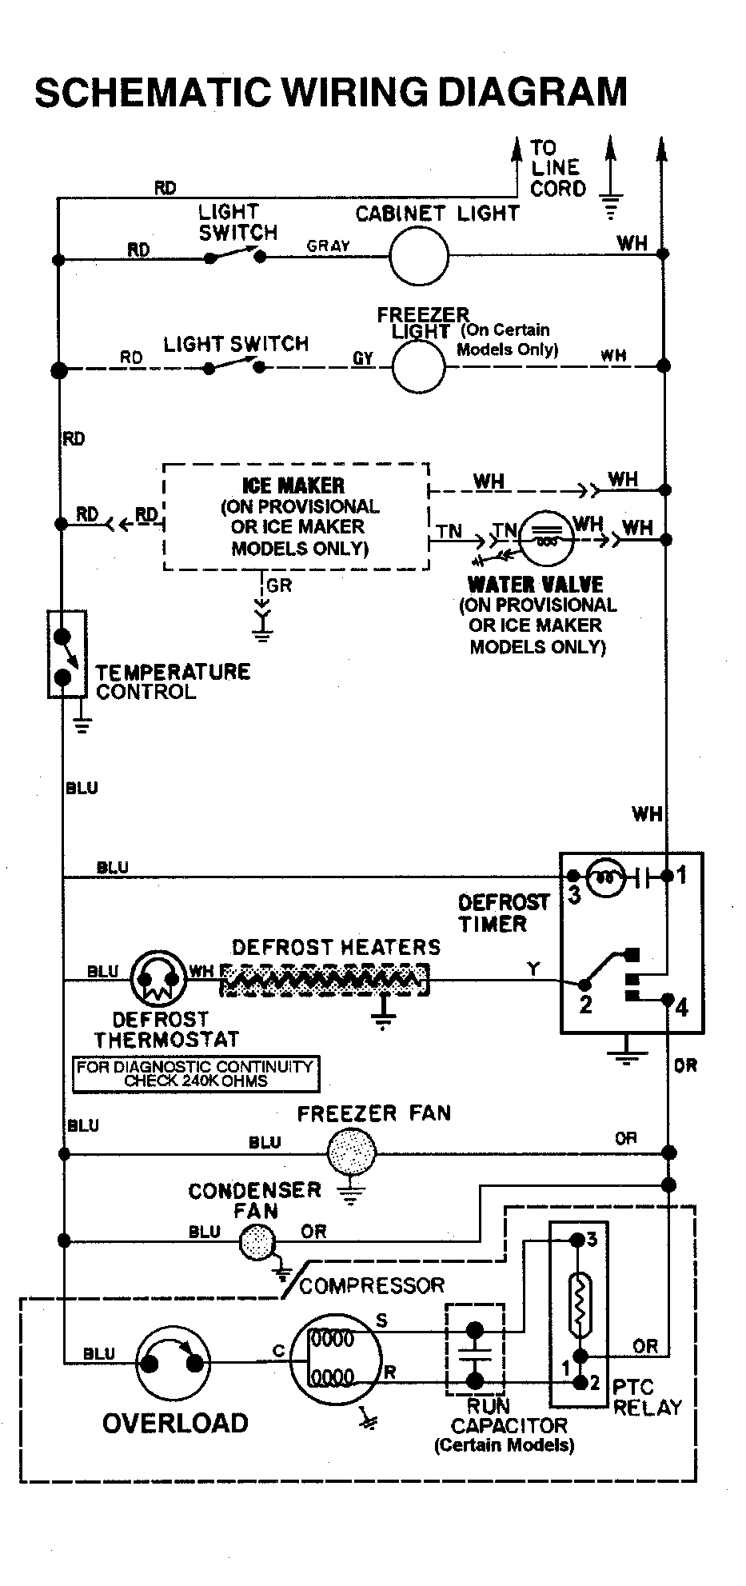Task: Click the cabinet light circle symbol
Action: (x=418, y=257)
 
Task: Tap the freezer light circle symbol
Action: (x=418, y=366)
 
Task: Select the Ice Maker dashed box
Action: (x=295, y=516)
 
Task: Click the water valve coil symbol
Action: (x=547, y=538)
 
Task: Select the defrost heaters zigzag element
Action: (x=324, y=978)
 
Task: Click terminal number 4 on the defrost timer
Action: (x=681, y=1007)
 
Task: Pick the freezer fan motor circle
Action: (x=351, y=1153)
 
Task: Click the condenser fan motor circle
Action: (x=257, y=1240)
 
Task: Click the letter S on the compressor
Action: (x=381, y=1320)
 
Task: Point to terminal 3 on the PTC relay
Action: (x=592, y=1240)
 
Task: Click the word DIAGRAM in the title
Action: (x=533, y=92)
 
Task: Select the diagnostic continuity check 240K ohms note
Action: (x=195, y=1074)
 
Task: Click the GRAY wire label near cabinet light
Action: (x=328, y=246)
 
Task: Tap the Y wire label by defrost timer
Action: (x=533, y=969)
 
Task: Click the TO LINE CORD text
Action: (x=557, y=168)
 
